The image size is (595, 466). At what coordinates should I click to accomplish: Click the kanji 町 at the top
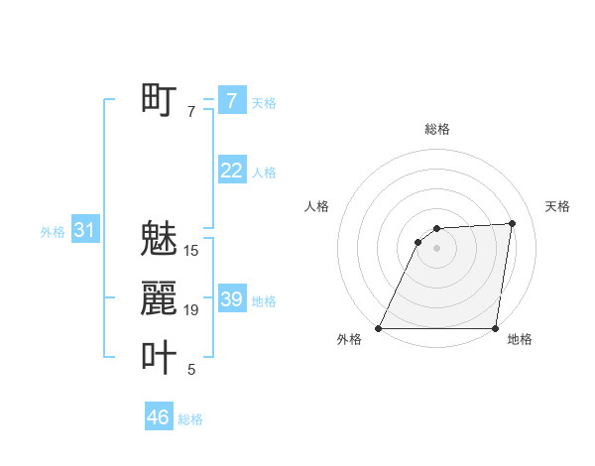[x=159, y=99]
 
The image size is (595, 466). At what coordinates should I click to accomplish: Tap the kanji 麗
[x=159, y=297]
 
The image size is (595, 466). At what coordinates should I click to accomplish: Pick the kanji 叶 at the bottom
[x=159, y=357]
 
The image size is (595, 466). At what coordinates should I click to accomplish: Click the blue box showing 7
[x=231, y=101]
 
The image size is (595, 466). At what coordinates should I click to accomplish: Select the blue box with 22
[x=231, y=171]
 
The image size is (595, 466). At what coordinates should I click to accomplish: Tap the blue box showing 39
[x=231, y=299]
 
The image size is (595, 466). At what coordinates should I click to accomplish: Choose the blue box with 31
[x=84, y=231]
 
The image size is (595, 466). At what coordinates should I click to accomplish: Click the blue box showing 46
[x=158, y=417]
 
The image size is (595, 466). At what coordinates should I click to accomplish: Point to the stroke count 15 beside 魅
[x=191, y=251]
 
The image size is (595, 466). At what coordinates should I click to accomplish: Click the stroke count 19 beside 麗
[x=191, y=310]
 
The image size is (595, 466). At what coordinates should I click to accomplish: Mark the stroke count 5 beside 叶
[x=191, y=370]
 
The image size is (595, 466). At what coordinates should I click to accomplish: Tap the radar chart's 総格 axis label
[x=437, y=129]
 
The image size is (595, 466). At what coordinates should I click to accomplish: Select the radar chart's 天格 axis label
[x=558, y=206]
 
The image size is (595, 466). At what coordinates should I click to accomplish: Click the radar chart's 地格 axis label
[x=520, y=339]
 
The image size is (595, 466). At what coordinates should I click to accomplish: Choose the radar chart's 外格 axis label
[x=349, y=339]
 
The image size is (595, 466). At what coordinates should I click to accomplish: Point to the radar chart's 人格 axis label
[x=317, y=206]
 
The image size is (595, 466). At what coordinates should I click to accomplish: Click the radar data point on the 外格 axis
[x=379, y=328]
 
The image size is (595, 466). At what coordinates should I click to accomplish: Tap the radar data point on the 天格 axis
[x=513, y=223]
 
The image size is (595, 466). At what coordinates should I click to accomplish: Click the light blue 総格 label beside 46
[x=190, y=419]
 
